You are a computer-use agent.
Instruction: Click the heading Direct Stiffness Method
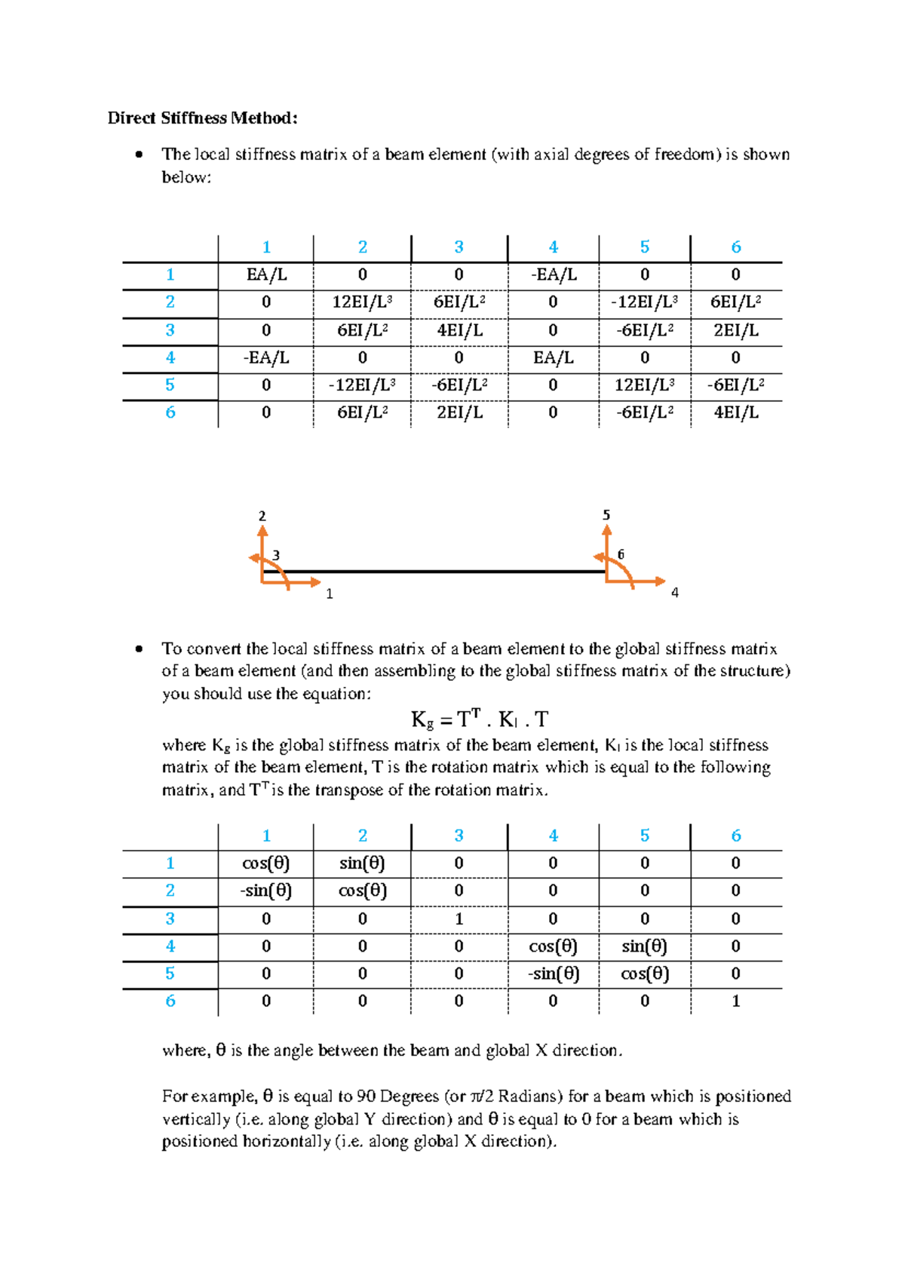(x=202, y=118)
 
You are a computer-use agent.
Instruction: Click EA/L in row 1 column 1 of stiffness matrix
(x=266, y=275)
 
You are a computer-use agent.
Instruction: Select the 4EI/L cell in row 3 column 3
(x=459, y=330)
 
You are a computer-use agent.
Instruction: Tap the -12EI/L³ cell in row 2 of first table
(x=644, y=302)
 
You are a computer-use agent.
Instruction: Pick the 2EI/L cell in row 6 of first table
(x=459, y=413)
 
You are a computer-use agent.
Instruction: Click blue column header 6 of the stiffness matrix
(x=735, y=247)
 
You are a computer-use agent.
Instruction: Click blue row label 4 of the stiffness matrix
(x=170, y=357)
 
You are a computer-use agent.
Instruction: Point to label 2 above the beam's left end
(x=262, y=517)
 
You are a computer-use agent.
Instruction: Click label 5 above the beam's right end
(x=606, y=515)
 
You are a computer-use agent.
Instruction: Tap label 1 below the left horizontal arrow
(x=329, y=594)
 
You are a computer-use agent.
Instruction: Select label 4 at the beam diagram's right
(x=674, y=593)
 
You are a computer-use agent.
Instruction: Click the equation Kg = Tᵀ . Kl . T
(x=480, y=719)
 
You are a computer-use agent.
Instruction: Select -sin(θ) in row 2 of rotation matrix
(x=266, y=891)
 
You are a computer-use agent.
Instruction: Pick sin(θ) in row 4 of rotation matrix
(x=644, y=946)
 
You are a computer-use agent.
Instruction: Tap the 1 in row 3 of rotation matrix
(x=459, y=919)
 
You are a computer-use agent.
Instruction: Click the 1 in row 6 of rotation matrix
(x=735, y=1001)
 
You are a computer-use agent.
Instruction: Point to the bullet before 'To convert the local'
(x=138, y=649)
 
